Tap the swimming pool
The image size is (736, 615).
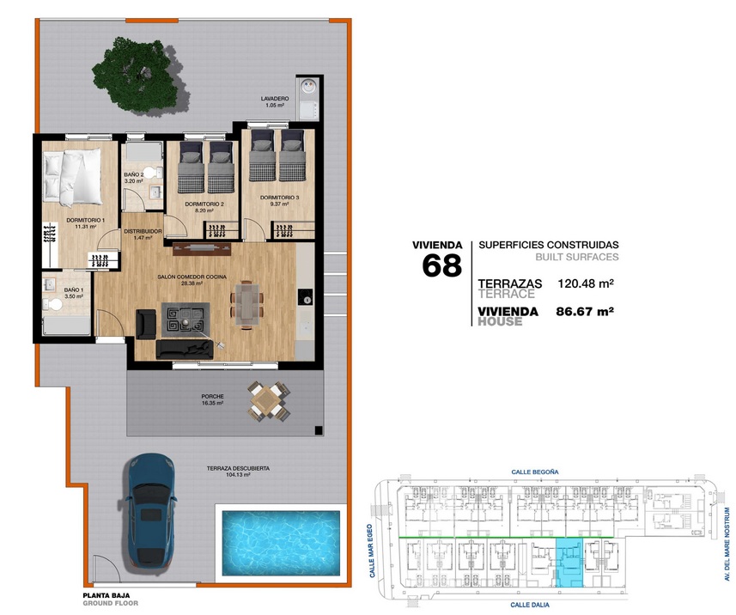(281, 543)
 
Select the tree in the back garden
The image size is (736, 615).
(137, 75)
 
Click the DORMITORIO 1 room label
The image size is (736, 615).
(85, 220)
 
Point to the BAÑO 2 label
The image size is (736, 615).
(134, 174)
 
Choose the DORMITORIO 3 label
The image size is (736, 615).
(279, 198)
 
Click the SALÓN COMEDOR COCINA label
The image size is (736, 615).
(192, 277)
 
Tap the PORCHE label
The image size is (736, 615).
(213, 396)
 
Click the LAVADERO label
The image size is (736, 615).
(275, 99)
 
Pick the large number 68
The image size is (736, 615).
(441, 265)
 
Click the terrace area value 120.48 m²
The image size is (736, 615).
(586, 283)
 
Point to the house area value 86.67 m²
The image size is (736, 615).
(585, 311)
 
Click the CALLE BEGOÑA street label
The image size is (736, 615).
(535, 472)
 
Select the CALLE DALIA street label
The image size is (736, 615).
(530, 606)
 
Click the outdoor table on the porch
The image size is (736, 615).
(269, 401)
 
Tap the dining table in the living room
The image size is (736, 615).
(246, 303)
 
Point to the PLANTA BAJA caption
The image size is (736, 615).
(106, 595)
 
